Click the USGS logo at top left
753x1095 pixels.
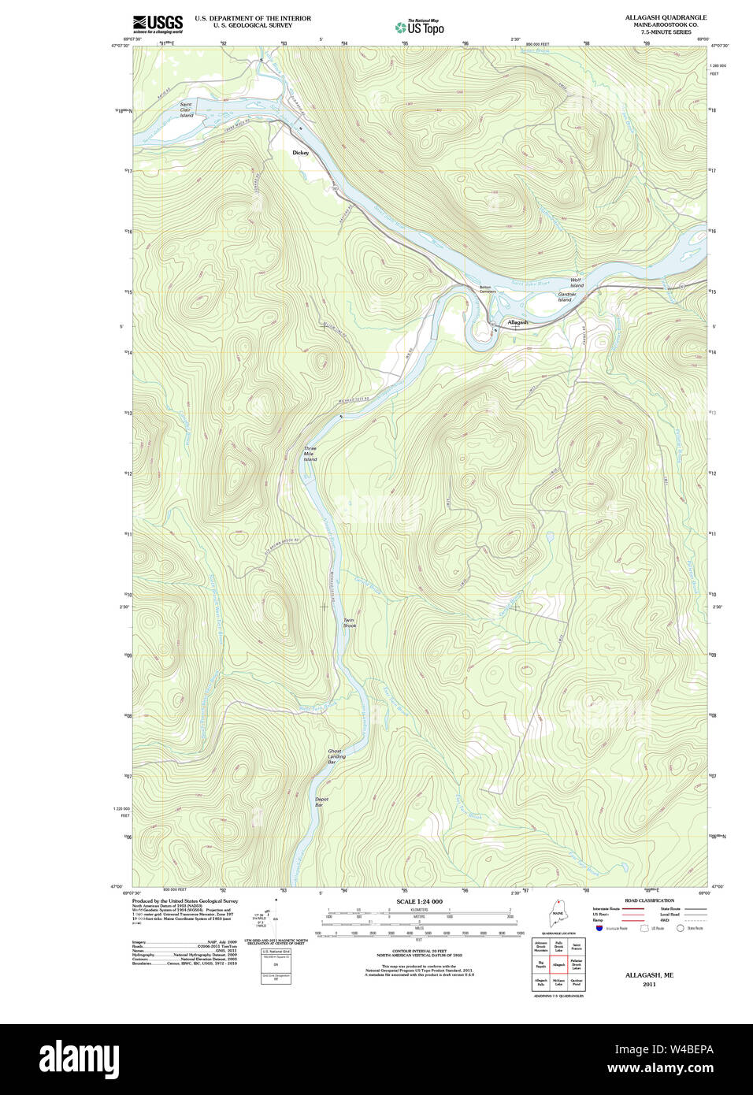(x=158, y=24)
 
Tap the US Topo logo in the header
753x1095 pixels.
(x=420, y=28)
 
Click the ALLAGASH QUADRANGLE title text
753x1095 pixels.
(x=666, y=17)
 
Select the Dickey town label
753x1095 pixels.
(x=300, y=152)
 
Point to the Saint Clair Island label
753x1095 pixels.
(x=186, y=109)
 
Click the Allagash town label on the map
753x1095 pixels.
(x=517, y=322)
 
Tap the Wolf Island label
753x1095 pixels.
(x=577, y=282)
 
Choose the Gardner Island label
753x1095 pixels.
(x=566, y=297)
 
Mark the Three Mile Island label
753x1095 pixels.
(x=310, y=454)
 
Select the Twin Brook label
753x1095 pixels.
(x=349, y=622)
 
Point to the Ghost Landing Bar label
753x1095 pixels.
(x=336, y=757)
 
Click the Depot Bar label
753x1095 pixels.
(x=321, y=802)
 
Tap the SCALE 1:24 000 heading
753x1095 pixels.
(x=419, y=901)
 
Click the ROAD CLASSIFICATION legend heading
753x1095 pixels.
(x=649, y=900)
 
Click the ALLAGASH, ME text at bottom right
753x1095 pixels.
(x=649, y=975)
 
